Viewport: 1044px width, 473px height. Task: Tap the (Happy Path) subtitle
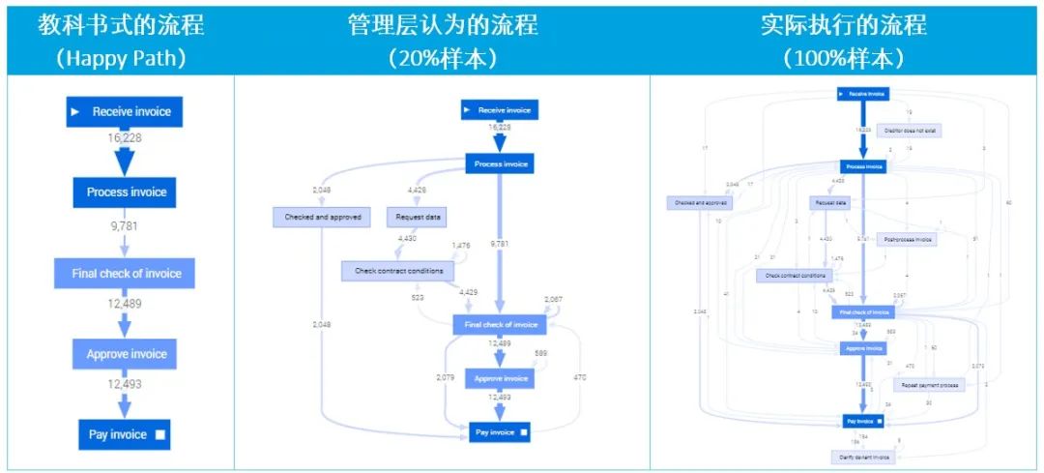point(121,57)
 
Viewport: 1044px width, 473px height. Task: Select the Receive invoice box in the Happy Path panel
point(124,112)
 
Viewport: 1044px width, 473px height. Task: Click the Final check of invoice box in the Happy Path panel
point(126,274)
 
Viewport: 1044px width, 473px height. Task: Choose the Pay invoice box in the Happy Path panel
point(126,434)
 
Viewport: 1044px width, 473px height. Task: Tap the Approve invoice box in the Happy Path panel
point(126,354)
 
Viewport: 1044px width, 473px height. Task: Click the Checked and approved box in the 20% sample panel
point(322,218)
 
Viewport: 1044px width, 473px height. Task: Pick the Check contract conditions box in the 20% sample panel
point(397,271)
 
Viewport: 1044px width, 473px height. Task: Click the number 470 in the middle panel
point(580,376)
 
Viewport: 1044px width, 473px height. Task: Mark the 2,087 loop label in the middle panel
point(554,300)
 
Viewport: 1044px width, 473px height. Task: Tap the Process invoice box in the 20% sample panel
point(501,164)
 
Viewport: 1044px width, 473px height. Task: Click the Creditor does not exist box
point(911,129)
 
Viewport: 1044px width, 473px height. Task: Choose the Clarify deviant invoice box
point(860,456)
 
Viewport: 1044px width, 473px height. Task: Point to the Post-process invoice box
point(908,239)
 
